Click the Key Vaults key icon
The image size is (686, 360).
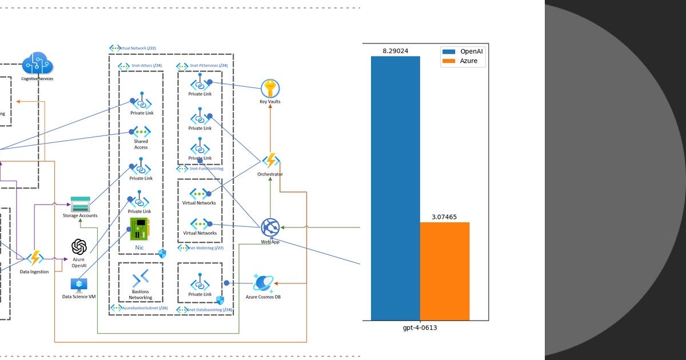[270, 89]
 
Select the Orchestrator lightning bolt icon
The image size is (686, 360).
[270, 161]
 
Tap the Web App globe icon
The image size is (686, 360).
[270, 227]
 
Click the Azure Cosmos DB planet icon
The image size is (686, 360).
[263, 283]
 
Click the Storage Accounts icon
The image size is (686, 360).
[80, 204]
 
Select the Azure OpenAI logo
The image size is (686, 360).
[79, 247]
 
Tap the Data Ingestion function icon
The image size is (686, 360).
[35, 258]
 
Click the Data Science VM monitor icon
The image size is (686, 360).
[78, 285]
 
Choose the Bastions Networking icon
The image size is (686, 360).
[140, 279]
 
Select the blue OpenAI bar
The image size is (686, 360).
[395, 189]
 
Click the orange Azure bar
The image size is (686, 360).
[444, 271]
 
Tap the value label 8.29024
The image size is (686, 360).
[395, 51]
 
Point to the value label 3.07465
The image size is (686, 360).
[444, 217]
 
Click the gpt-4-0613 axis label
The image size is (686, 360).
[420, 328]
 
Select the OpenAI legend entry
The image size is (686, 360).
[463, 51]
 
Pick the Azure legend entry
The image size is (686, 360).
[463, 61]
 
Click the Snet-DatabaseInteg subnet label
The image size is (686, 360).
[204, 310]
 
